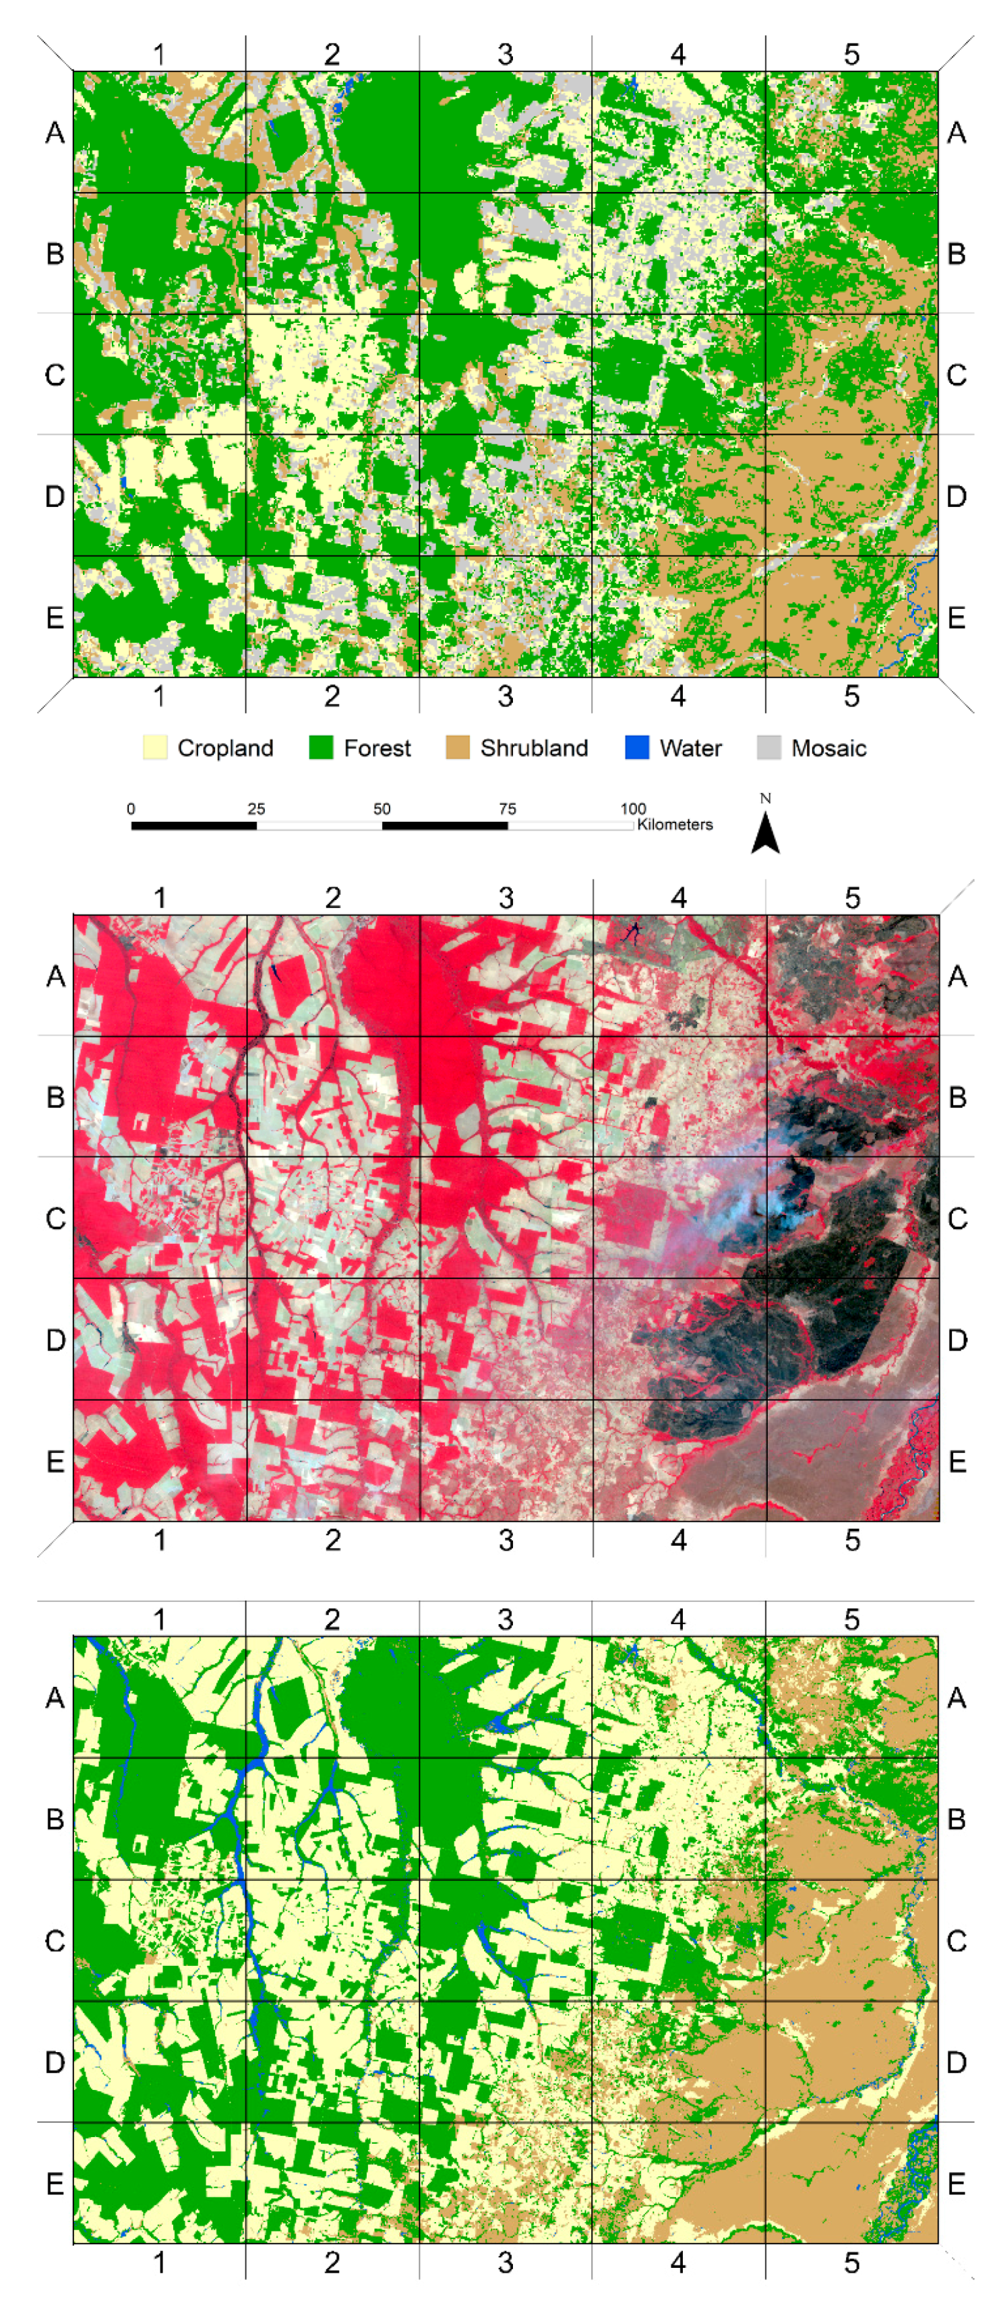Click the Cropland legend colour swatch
click(x=155, y=748)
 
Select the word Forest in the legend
click(x=377, y=748)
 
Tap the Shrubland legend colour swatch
click(x=458, y=748)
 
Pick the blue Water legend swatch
click(x=636, y=748)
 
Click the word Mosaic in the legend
click(x=828, y=748)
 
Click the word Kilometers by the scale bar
click(x=675, y=825)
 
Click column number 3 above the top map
click(x=506, y=55)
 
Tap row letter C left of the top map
click(x=55, y=374)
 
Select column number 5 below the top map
click(x=851, y=696)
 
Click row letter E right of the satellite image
click(x=957, y=1462)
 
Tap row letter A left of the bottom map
click(x=55, y=1697)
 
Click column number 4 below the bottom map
click(x=679, y=2263)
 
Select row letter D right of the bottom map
click(x=957, y=2062)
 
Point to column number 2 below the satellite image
click(x=332, y=1540)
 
